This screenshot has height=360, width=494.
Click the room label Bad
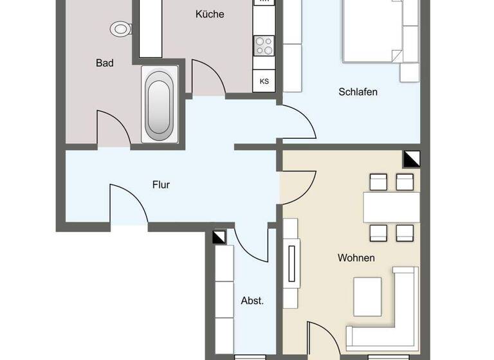click(x=105, y=63)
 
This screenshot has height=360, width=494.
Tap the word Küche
click(x=210, y=14)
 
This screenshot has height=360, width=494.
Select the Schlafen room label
click(x=358, y=92)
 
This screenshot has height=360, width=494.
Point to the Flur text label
click(x=161, y=184)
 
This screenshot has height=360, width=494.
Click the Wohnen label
click(x=356, y=258)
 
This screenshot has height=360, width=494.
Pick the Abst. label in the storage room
click(x=252, y=300)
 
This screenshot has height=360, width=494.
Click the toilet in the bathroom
click(x=120, y=28)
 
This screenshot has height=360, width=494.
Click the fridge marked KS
click(x=264, y=81)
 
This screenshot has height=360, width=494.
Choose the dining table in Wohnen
click(x=391, y=207)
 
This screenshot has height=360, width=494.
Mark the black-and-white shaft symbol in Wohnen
click(x=412, y=158)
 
